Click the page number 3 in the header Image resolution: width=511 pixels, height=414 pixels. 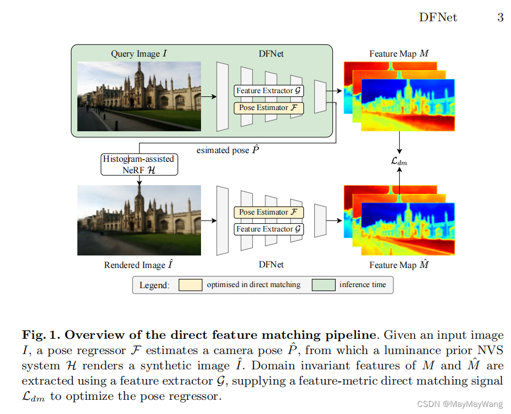500,17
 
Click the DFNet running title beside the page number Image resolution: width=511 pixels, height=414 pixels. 437,17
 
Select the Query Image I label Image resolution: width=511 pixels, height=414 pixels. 139,54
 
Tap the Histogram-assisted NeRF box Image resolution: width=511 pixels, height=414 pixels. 139,165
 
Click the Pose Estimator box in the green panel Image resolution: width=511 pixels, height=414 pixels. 268,108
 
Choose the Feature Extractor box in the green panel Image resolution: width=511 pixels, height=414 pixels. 268,91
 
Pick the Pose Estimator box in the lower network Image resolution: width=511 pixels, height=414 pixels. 268,212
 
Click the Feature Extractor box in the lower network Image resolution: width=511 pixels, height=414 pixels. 268,229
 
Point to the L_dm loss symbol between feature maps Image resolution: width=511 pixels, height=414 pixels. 399,162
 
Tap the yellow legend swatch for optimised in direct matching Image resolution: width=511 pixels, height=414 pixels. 190,285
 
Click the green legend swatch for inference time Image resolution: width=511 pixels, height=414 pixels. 323,285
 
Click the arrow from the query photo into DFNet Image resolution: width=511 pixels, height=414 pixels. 208,96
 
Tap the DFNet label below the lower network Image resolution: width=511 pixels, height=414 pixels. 271,265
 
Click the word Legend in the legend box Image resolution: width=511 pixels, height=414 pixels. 154,285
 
